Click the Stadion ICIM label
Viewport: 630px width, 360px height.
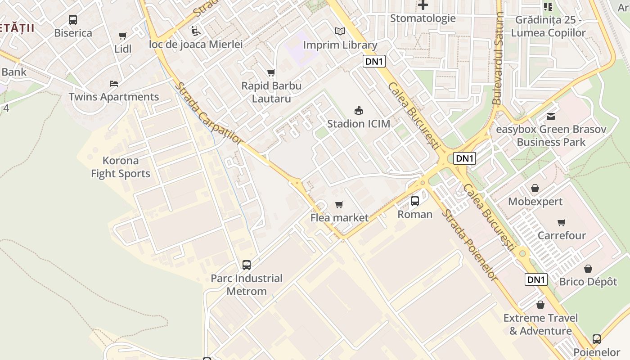[359, 124]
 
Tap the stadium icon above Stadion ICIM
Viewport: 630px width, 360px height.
[359, 110]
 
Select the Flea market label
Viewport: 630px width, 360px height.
[339, 218]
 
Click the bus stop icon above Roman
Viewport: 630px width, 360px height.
[415, 201]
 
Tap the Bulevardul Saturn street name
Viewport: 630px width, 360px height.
[498, 58]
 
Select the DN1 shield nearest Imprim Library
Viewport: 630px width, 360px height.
[374, 62]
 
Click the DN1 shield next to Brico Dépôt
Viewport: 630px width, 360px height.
[536, 279]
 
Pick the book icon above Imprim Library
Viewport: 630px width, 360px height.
[340, 31]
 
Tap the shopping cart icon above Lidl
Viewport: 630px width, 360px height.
[123, 36]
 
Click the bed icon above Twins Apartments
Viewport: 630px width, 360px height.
[114, 84]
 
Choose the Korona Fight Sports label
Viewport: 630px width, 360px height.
[120, 167]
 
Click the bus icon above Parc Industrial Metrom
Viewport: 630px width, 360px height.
[247, 265]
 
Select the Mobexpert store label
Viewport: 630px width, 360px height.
[535, 202]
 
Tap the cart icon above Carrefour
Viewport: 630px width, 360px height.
[562, 222]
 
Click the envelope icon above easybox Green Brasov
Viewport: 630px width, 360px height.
[551, 117]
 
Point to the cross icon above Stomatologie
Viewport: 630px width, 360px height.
[423, 5]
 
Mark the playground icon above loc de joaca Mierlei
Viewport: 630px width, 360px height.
[196, 31]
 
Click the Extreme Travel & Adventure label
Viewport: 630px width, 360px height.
[540, 324]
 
